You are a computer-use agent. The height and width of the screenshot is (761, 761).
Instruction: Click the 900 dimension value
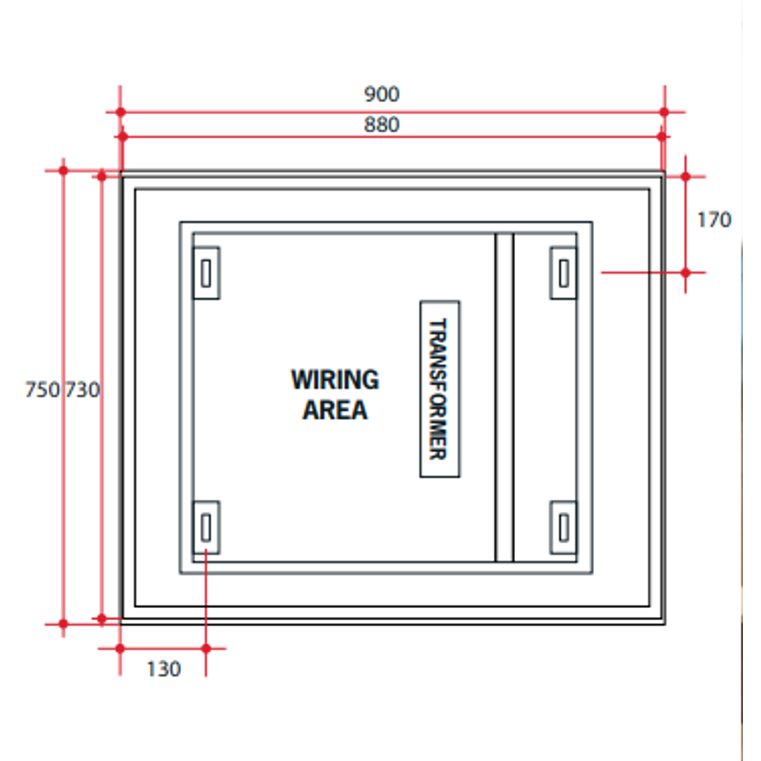pos(381,94)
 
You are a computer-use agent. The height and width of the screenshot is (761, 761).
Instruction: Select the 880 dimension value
pos(381,125)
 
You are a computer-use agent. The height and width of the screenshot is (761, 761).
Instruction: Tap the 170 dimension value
pos(714,220)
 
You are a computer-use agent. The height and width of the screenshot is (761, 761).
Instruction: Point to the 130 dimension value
pos(163,669)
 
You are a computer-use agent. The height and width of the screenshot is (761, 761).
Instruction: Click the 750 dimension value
pos(42,390)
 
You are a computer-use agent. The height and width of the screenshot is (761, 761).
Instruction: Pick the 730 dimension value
pos(83,390)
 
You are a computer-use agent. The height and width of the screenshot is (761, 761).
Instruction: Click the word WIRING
pos(335,380)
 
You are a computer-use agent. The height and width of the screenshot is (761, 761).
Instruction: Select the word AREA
pos(335,410)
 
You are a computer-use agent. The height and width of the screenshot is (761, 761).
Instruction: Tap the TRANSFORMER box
pos(440,389)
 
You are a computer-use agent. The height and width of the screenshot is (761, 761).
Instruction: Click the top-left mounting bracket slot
pos(206,273)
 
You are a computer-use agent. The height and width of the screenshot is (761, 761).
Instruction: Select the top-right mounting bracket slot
pos(564,273)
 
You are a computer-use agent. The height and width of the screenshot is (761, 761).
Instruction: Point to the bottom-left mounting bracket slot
pos(206,527)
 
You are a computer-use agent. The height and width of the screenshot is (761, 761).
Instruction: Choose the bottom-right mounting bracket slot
pos(564,527)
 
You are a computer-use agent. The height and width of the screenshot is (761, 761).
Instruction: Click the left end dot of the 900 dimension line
pos(120,112)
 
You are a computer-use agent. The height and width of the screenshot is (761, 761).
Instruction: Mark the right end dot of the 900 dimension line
pos(664,112)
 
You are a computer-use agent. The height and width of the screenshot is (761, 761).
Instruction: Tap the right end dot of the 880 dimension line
pos(662,136)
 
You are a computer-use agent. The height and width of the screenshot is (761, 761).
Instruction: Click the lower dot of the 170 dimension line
pos(686,271)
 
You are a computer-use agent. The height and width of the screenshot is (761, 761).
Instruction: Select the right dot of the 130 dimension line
pos(206,648)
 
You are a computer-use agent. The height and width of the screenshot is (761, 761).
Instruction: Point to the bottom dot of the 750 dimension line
pos(63,624)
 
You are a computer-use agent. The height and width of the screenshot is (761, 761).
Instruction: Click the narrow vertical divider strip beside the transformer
pos(504,397)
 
